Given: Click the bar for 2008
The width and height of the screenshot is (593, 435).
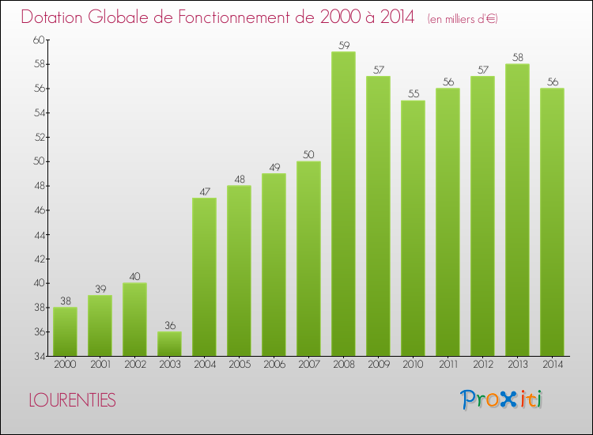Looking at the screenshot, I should [x=343, y=203].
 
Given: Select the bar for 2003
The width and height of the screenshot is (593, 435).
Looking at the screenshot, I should [x=169, y=343].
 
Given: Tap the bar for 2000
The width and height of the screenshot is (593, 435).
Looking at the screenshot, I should [x=65, y=331].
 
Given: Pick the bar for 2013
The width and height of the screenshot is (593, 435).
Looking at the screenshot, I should [x=517, y=210].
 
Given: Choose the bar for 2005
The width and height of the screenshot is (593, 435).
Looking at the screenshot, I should [x=239, y=270].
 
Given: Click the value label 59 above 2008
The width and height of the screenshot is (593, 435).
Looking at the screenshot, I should [x=343, y=45].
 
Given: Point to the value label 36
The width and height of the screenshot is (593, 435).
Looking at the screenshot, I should [x=169, y=325].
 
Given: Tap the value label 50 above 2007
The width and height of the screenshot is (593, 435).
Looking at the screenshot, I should [x=308, y=155].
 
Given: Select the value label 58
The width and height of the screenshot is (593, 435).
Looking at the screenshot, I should [x=517, y=58].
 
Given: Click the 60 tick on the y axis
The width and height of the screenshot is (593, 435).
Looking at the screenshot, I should [x=39, y=40].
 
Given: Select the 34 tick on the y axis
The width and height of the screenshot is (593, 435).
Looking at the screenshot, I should [x=39, y=356].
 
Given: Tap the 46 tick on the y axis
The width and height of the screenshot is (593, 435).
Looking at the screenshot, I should [x=39, y=210].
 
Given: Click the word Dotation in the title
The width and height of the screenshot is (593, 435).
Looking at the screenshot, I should [x=54, y=17].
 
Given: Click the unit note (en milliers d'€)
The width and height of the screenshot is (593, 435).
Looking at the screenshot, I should [x=463, y=18].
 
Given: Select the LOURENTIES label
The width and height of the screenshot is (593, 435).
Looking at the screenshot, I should [x=72, y=401].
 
